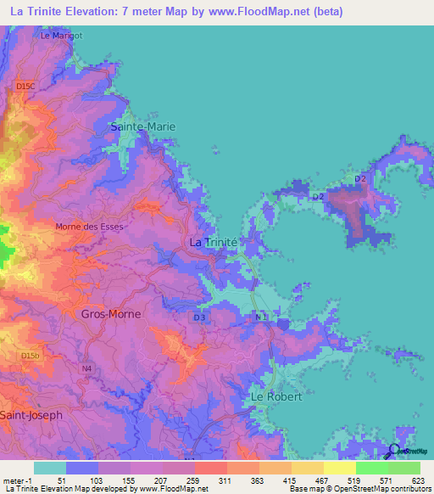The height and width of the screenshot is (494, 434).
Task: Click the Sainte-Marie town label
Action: coord(144,126)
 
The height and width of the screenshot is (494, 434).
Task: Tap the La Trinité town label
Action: coord(212,242)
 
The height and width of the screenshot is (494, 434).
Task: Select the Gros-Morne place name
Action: coord(110,313)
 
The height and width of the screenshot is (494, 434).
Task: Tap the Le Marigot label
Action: coord(59,36)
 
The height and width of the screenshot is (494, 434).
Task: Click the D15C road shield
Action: coord(26,87)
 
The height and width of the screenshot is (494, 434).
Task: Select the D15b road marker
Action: coord(31,355)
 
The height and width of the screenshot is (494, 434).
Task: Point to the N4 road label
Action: coord(86,368)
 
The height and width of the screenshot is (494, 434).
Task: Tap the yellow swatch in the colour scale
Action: coord(339,468)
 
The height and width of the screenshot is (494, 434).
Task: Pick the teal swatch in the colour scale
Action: coord(50,468)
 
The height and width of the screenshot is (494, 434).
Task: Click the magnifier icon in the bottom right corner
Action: coord(392,451)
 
